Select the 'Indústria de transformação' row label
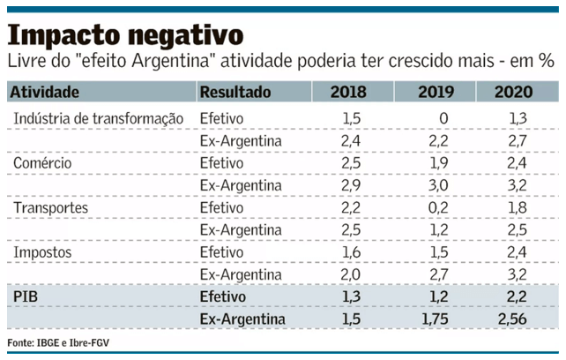click(98, 118)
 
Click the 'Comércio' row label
click(43, 163)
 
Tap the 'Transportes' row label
click(51, 207)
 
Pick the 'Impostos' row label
click(42, 252)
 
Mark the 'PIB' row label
click(26, 296)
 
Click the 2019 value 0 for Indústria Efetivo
click(443, 118)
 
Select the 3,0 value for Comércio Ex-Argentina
click(439, 185)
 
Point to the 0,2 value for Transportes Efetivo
click(439, 207)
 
